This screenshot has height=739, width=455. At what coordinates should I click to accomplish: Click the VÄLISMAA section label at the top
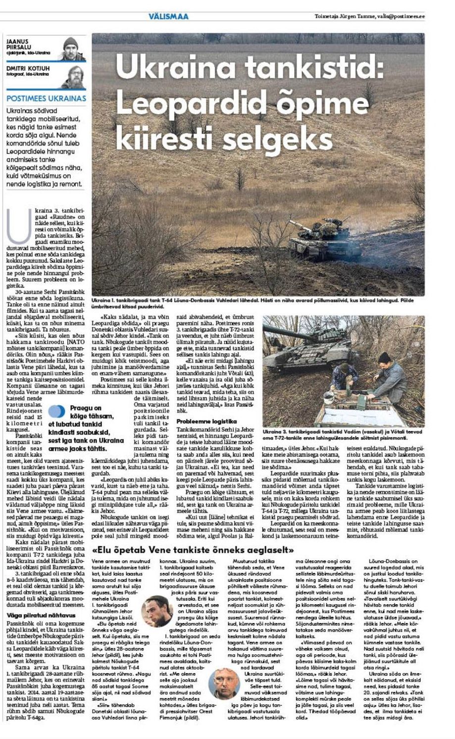(168, 16)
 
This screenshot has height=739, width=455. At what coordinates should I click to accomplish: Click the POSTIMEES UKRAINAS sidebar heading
(47, 98)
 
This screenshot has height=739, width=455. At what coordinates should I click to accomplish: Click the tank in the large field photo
(324, 241)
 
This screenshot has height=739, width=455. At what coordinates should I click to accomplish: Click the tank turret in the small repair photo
(306, 335)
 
